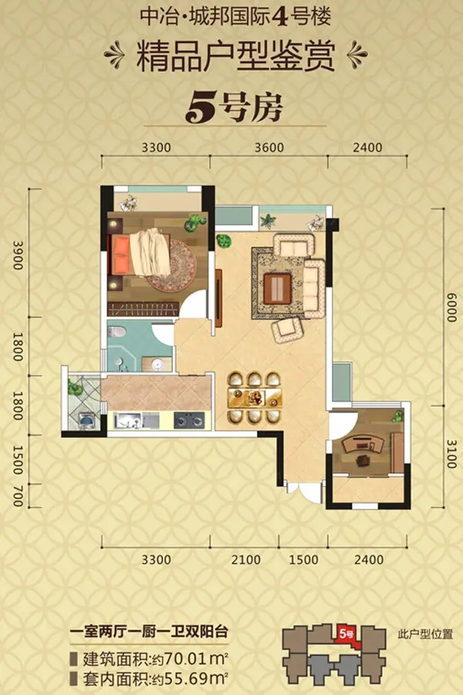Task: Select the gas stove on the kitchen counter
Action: click(x=189, y=420)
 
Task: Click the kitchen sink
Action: click(x=129, y=420)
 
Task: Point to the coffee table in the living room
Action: click(x=277, y=288)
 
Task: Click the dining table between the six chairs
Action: click(x=255, y=398)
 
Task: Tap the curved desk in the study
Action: click(x=364, y=444)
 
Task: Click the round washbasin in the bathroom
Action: click(x=157, y=364)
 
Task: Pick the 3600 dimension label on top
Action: click(x=269, y=147)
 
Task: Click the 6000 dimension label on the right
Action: click(x=451, y=308)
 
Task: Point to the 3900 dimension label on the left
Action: click(x=17, y=256)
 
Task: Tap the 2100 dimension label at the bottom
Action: click(x=246, y=559)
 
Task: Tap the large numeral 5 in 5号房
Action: click(x=201, y=107)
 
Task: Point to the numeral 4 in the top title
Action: click(x=280, y=17)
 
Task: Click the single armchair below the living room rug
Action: click(x=287, y=331)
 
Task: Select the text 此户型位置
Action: click(x=425, y=634)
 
